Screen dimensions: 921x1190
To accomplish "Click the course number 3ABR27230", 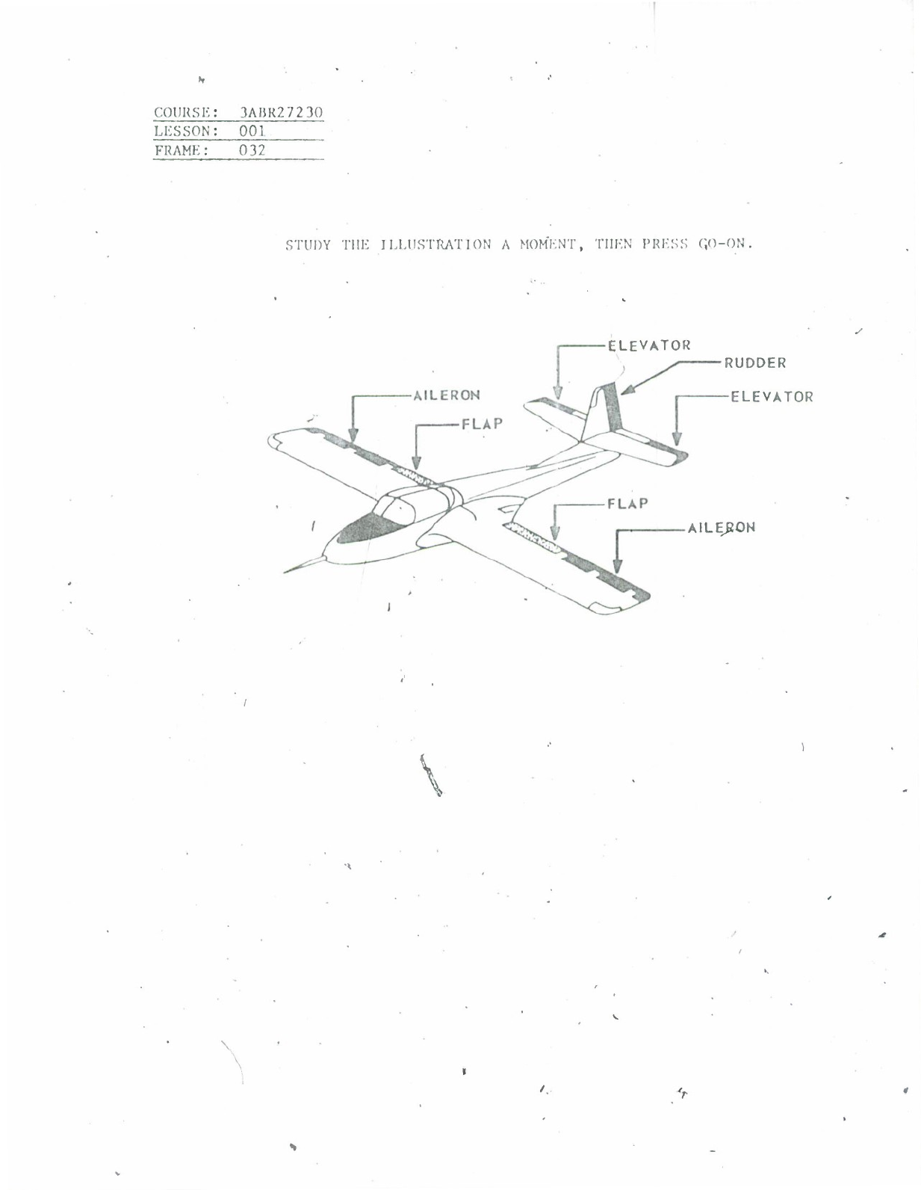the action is [280, 113].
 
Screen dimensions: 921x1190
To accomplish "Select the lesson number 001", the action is [252, 132].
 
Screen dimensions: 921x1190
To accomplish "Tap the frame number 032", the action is [252, 150].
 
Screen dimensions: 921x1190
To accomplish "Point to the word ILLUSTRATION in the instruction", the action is [436, 244].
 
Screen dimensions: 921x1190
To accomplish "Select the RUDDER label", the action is [754, 363].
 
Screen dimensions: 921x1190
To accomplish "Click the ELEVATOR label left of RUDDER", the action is [649, 345].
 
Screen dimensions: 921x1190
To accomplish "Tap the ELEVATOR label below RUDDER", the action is [772, 397].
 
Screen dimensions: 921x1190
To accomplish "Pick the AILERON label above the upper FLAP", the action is [447, 395].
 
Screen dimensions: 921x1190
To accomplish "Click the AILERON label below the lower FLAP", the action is [722, 528].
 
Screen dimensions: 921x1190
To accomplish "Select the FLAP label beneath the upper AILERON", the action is [482, 424].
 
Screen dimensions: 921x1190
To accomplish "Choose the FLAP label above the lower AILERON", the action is [627, 503].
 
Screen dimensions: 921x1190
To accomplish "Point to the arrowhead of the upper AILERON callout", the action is [354, 435].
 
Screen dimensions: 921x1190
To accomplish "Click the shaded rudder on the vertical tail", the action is [614, 407].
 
